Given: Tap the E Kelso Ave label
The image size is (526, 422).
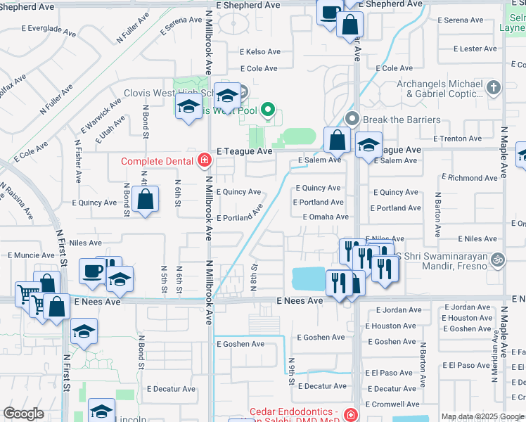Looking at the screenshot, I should click(x=260, y=52).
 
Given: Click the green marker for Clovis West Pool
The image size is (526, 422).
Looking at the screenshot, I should click(x=267, y=110).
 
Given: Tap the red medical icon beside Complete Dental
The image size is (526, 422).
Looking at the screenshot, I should click(x=204, y=161).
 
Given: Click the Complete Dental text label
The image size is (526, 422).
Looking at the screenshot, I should click(x=157, y=161).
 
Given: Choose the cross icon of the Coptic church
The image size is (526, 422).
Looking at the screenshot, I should click(x=494, y=88).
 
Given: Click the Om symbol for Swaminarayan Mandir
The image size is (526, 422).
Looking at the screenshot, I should click(x=498, y=258).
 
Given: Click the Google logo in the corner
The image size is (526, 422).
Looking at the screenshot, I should click(x=23, y=414).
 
